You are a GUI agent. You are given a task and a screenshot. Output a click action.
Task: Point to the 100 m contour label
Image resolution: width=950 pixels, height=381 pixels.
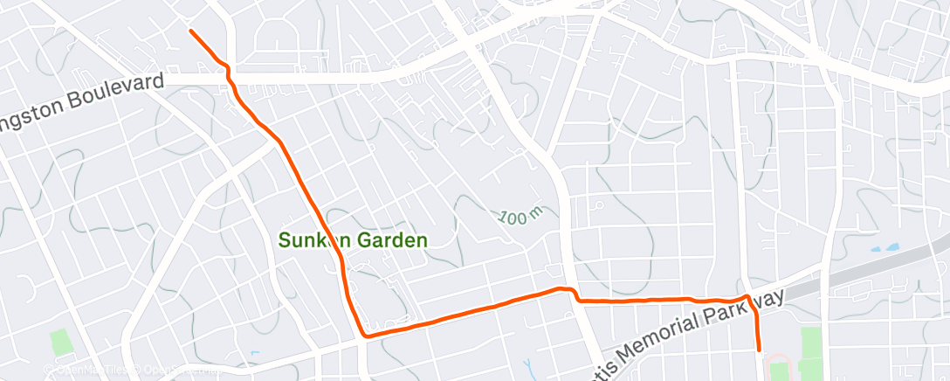(x=522, y=216)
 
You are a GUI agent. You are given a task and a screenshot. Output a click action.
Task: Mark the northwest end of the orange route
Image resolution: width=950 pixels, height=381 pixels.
(x=191, y=31)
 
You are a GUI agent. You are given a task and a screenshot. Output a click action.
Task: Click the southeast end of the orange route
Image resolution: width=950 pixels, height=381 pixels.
(x=761, y=350)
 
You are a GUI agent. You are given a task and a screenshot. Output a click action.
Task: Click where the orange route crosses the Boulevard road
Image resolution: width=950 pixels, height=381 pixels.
(x=231, y=79)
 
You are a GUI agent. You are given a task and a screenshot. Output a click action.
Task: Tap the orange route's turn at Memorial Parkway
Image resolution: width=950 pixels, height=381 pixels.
(x=748, y=299)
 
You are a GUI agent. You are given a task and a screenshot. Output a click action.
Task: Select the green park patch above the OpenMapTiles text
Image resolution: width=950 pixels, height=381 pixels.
(x=59, y=342)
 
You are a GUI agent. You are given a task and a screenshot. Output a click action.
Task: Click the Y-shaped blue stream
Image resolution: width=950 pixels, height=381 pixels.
(x=528, y=366)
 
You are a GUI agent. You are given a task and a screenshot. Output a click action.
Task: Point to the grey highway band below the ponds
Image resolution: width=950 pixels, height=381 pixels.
(x=873, y=270)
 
